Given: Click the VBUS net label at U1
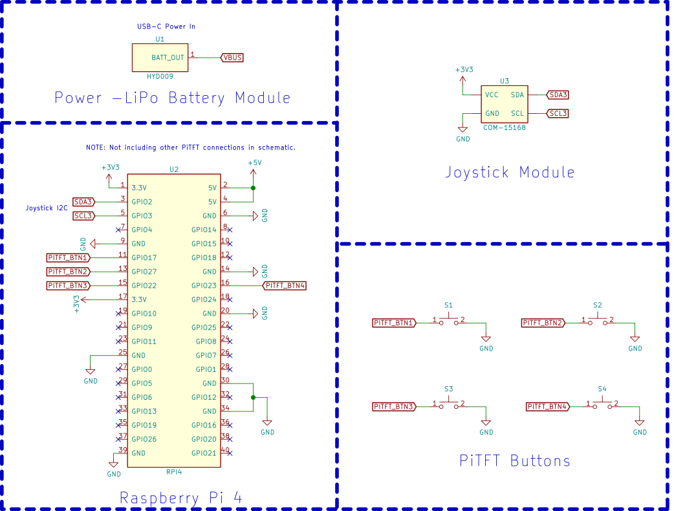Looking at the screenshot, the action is [232, 58].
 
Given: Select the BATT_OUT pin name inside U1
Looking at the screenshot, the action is [168, 58].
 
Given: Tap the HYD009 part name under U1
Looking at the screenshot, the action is [160, 76].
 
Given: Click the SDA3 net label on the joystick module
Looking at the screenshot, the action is [558, 94].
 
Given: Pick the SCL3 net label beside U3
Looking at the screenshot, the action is [558, 113].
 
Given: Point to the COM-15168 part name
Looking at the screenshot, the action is [505, 127].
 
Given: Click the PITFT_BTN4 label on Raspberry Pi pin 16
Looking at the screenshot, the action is [285, 285].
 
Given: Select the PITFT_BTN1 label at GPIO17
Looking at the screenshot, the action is [69, 258].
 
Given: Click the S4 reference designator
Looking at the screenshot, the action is [602, 389].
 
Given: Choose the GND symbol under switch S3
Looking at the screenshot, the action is [486, 423].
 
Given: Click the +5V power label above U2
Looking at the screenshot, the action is [254, 163].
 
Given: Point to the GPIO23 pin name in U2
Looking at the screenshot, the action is [204, 285].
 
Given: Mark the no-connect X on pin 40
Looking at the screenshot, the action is [230, 453].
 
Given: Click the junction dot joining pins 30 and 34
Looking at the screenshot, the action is [253, 398].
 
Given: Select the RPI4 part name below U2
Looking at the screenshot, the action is [174, 472].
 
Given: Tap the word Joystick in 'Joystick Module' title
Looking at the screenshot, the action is [477, 172].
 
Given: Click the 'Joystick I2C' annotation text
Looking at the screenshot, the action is [47, 208].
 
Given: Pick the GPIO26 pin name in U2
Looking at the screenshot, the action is [144, 439].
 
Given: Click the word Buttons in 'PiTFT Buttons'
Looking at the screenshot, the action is [540, 461].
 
